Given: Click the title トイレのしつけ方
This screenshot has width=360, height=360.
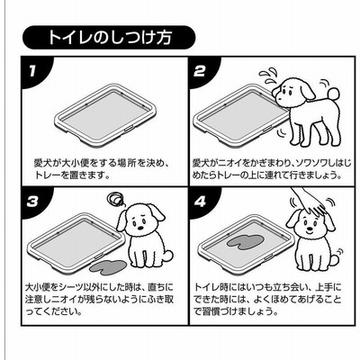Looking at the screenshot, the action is pos(110,37).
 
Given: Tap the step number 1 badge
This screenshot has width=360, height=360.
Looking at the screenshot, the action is pos(32,71).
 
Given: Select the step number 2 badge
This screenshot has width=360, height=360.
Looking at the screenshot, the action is pos(201,72).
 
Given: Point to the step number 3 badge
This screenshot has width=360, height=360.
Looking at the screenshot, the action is pos(32,202).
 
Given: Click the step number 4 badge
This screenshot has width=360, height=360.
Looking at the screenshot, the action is pos(201,202).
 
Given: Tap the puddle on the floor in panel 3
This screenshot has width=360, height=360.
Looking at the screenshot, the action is pos(109,265).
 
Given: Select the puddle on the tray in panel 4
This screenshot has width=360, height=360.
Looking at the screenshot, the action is pos(246,240).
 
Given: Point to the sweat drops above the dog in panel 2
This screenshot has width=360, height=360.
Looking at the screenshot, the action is pos(268,75).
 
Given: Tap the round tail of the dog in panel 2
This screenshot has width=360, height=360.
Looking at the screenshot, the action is pos(333,94).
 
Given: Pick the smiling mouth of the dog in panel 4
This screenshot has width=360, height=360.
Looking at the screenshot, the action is pos(309,232).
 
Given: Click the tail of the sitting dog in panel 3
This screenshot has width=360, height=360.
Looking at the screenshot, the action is pos(168,256).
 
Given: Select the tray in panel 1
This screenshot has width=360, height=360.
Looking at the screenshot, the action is pos(105,115).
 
